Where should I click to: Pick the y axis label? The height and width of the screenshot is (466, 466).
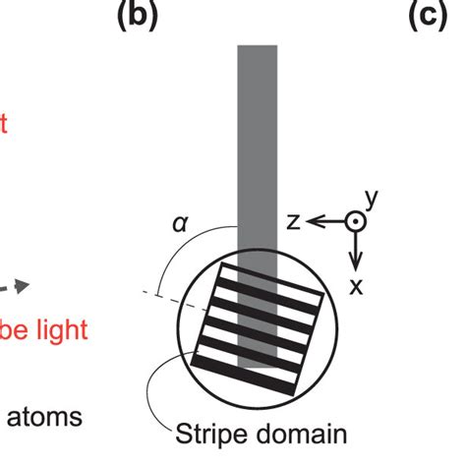click(x=372, y=200)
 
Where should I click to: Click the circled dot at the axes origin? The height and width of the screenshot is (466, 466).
click(x=356, y=224)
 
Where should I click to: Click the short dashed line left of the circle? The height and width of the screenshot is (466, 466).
click(x=172, y=295)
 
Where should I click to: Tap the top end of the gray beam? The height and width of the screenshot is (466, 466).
click(x=258, y=47)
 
